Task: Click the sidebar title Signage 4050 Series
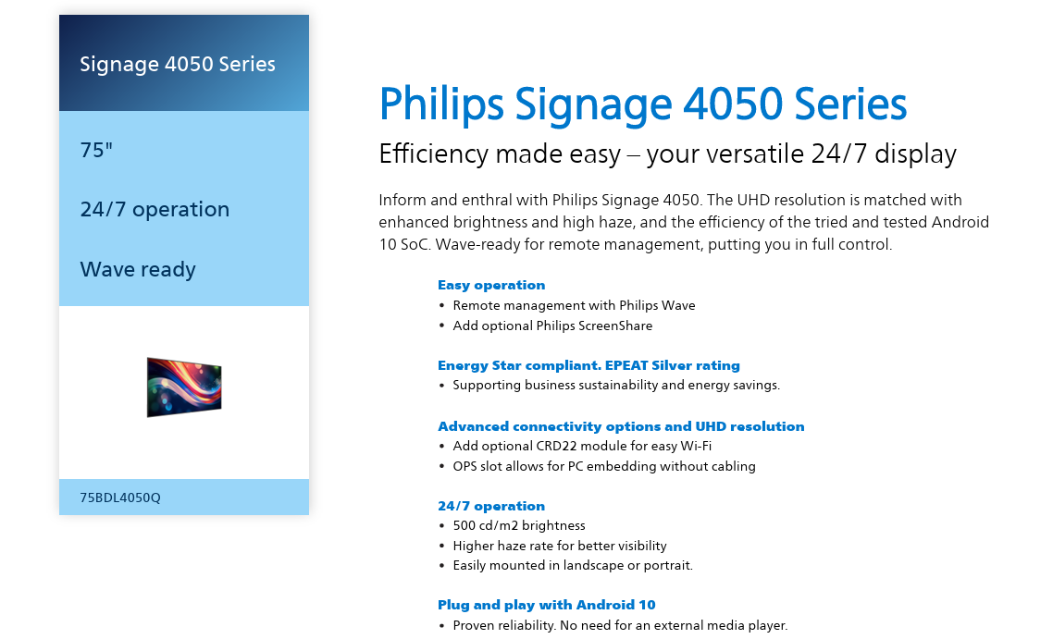click(178, 65)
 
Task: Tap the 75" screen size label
click(96, 150)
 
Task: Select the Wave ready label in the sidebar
click(138, 269)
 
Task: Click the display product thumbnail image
click(184, 387)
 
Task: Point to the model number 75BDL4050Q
click(120, 498)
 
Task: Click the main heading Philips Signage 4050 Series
click(643, 104)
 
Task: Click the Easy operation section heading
click(491, 285)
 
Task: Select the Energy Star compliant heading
click(588, 365)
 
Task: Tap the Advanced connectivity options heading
click(621, 426)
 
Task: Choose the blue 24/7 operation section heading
click(491, 506)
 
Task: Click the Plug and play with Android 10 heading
click(547, 605)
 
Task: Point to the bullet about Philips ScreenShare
click(552, 326)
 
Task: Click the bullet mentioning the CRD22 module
click(582, 446)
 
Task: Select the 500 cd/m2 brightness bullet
click(519, 525)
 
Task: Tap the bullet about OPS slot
click(604, 466)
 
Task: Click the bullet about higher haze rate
click(560, 546)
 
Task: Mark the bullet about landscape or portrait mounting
click(573, 565)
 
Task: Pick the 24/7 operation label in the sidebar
click(155, 209)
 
